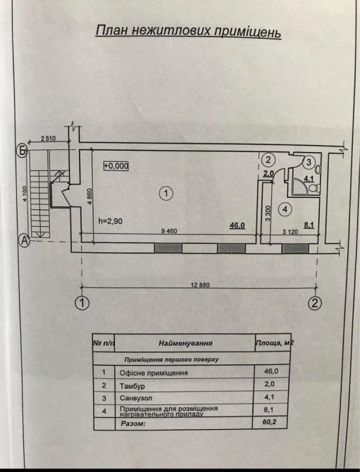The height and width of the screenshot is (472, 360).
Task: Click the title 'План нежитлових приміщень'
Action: coord(188,32)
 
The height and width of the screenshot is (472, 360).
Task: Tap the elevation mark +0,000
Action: coord(116,166)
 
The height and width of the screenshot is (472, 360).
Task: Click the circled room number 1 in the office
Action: coord(166,193)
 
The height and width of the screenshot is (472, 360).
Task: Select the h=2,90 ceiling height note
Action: coord(111,221)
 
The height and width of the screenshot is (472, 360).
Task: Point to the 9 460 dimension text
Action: coord(170,231)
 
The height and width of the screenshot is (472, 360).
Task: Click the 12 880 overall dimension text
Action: coord(200,285)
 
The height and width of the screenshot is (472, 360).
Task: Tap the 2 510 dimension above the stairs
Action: coord(49,139)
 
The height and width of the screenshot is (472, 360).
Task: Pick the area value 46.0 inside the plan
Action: coord(237,225)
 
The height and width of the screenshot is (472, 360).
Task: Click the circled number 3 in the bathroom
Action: coord(309,163)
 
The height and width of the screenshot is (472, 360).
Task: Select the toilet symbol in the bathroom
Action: coord(314,189)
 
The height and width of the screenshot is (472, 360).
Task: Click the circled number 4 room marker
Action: coord(285,209)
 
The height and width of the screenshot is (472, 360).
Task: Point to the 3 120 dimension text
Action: coord(290,232)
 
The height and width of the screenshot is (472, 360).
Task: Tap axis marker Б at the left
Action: coord(22,151)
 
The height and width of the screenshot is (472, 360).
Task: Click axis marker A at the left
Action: coord(25,240)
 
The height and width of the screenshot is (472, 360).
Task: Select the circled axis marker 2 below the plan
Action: coord(315,303)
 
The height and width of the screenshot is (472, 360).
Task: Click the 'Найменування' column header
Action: coord(185,343)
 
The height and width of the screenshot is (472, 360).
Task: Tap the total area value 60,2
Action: coord(270,422)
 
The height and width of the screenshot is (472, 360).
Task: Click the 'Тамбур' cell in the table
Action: coord(132,386)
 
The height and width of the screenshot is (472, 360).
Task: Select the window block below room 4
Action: coord(295,249)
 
